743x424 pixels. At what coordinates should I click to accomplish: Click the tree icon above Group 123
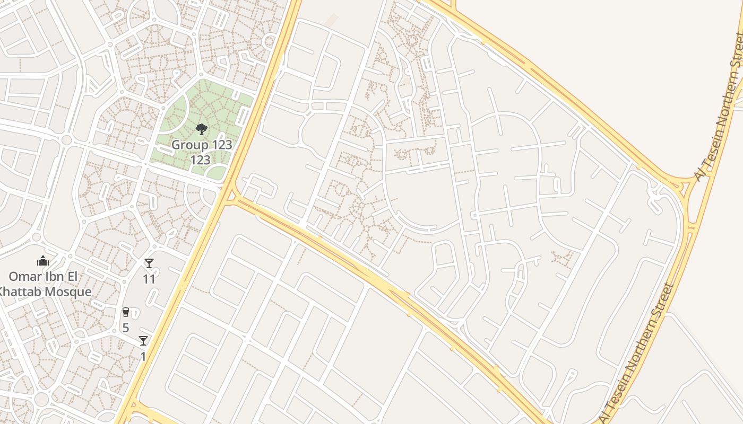click(x=201, y=129)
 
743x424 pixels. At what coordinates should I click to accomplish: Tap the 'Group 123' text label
click(x=202, y=145)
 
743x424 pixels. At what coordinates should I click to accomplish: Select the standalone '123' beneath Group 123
click(x=201, y=160)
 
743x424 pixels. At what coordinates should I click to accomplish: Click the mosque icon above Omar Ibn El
click(x=43, y=261)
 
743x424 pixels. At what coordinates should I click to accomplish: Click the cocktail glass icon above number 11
click(x=149, y=263)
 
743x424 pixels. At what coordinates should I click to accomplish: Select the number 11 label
click(x=149, y=279)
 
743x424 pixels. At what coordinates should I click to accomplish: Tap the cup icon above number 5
click(x=126, y=312)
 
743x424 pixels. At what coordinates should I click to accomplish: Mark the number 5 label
click(x=126, y=328)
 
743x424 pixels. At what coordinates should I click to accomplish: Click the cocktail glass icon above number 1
click(x=143, y=341)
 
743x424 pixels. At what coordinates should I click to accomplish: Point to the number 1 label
click(x=143, y=356)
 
